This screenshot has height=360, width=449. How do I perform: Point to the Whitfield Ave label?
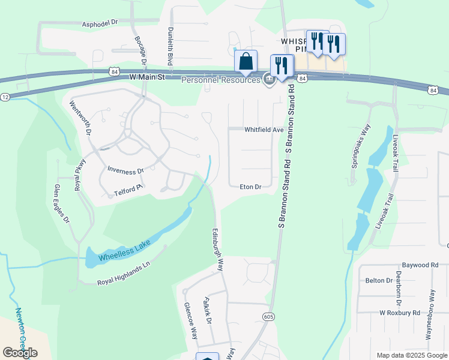264,130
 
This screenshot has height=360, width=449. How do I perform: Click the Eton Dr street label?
250,187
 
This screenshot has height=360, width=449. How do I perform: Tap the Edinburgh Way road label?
217,249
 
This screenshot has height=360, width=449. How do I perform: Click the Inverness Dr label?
125,170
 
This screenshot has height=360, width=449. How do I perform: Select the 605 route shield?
268,316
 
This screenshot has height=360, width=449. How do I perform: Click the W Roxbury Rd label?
399,313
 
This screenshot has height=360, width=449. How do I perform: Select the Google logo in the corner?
20,352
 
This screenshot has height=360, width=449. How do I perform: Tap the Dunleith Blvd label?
170,49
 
